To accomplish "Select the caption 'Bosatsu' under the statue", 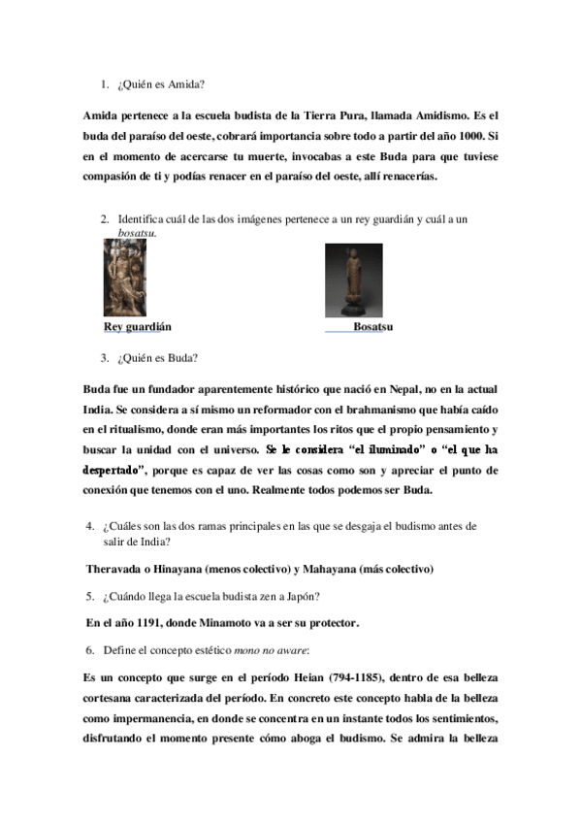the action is [372, 327].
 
